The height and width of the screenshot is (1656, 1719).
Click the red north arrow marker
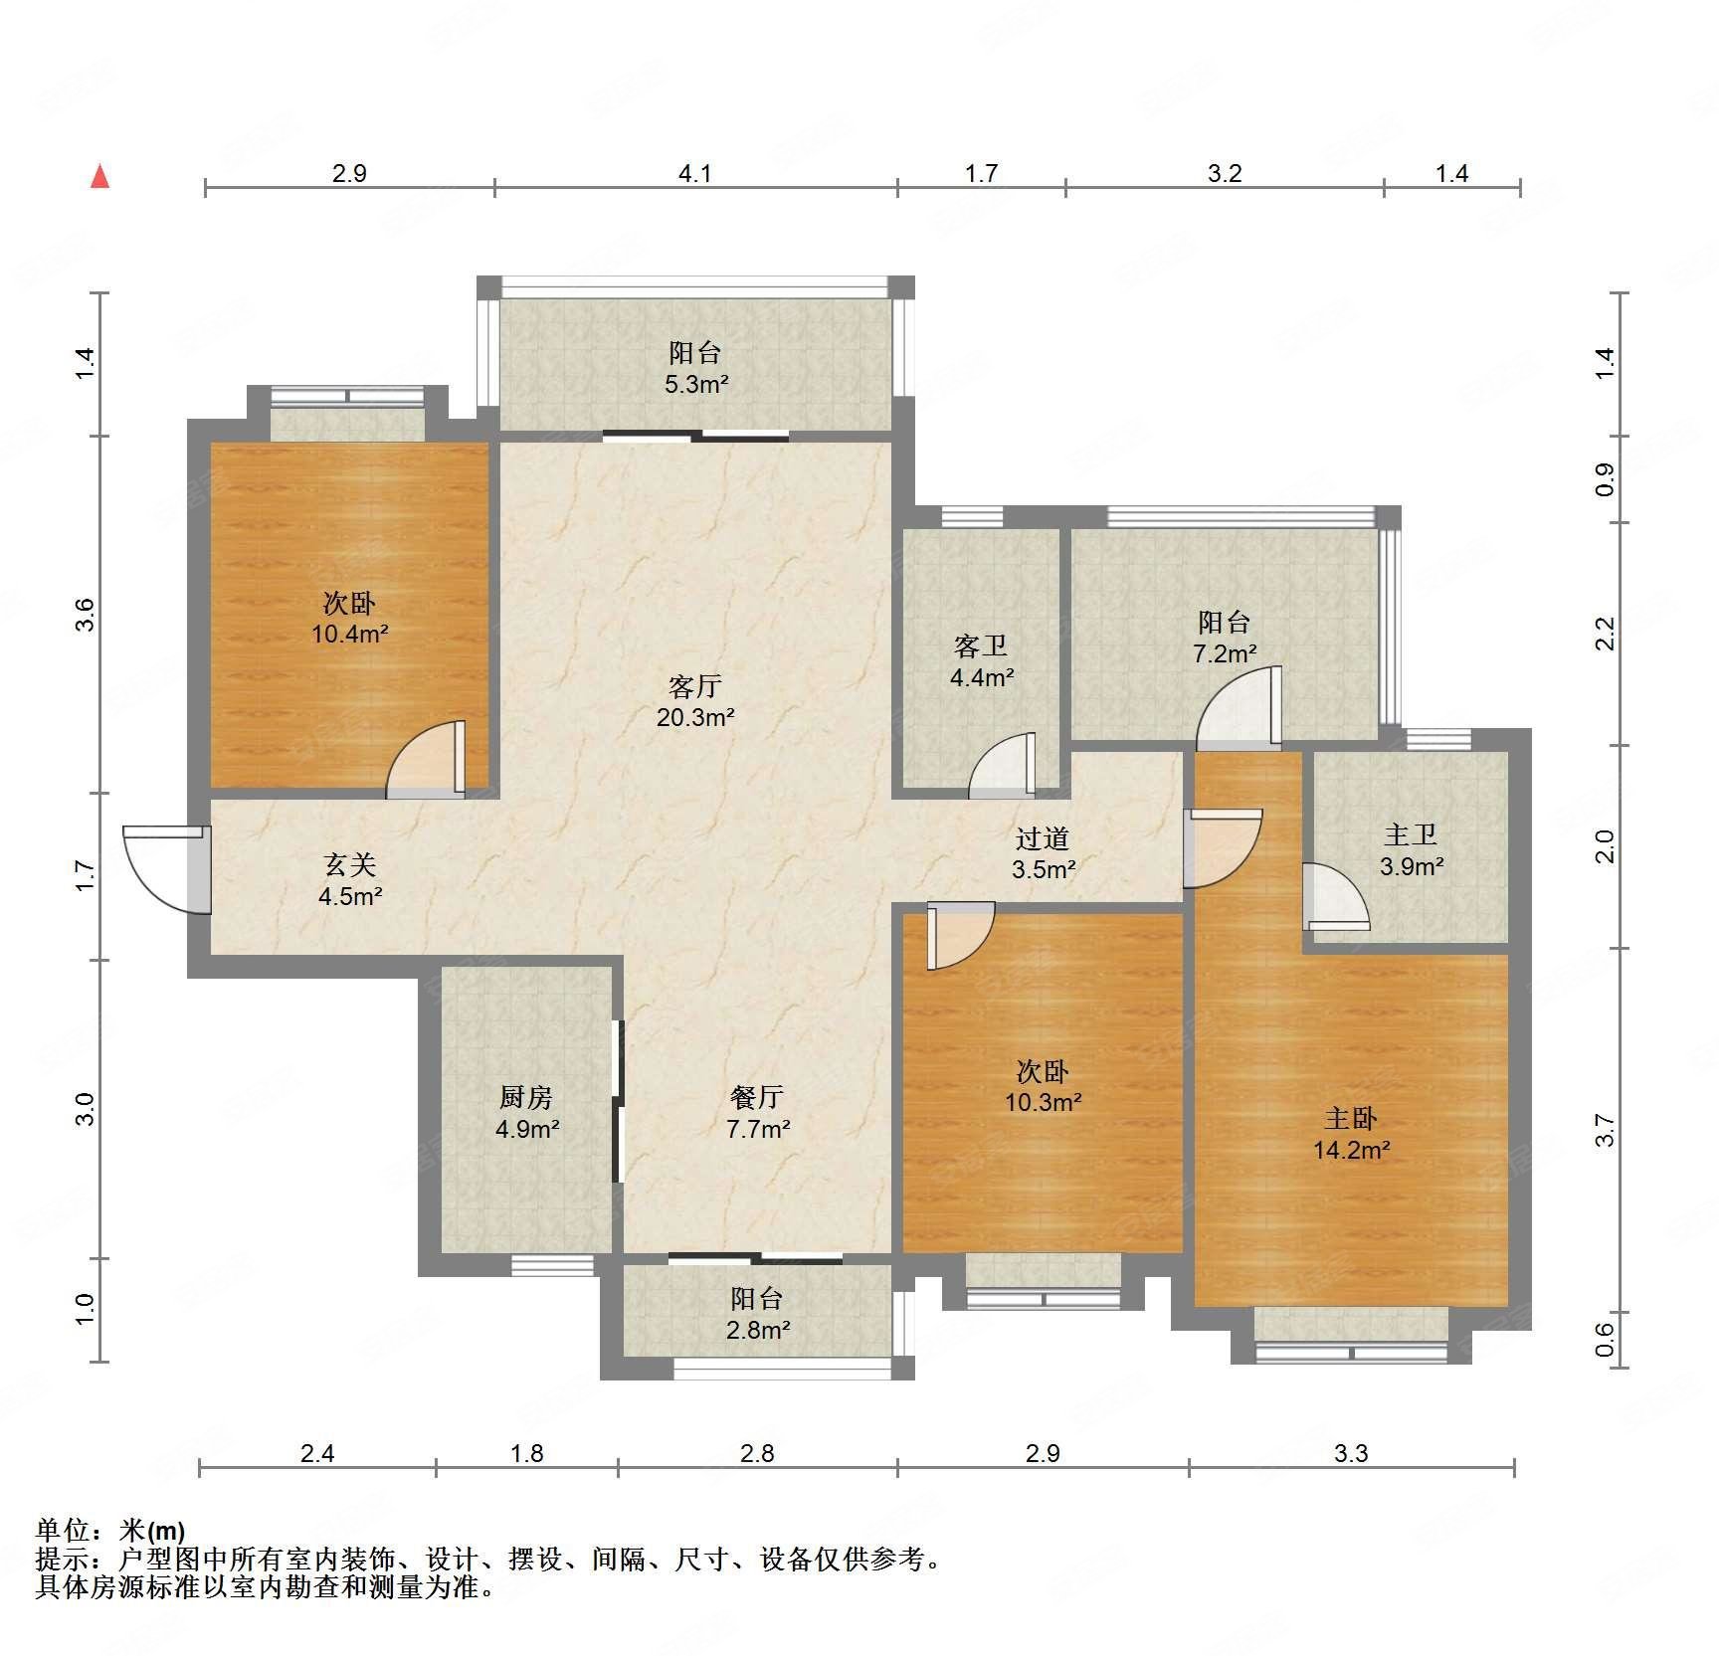[x=99, y=176]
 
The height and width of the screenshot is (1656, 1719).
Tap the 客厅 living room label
[x=694, y=686]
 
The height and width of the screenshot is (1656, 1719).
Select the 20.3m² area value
[x=695, y=717]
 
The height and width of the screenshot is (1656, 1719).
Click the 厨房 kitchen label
[x=525, y=1097]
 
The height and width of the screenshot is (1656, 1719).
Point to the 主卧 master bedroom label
[x=1350, y=1119]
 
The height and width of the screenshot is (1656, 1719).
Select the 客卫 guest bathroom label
[x=981, y=646]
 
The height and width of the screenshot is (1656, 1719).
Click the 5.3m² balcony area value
[x=696, y=384]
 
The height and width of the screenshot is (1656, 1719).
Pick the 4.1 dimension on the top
[x=695, y=173]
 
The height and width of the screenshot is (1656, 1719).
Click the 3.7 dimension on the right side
[x=1605, y=1131]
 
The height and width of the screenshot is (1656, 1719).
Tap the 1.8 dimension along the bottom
[x=527, y=1453]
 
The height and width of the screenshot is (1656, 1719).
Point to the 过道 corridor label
[x=1043, y=838]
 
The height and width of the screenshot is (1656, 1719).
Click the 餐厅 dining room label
[x=757, y=1097]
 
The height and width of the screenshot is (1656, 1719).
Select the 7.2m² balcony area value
[x=1225, y=653]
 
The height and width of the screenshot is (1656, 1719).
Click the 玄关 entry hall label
[x=350, y=865]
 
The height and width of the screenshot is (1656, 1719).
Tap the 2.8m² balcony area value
[x=758, y=1330]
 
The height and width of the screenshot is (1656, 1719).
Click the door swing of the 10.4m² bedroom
[x=426, y=759]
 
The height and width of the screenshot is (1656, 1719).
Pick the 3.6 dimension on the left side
[x=86, y=614]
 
